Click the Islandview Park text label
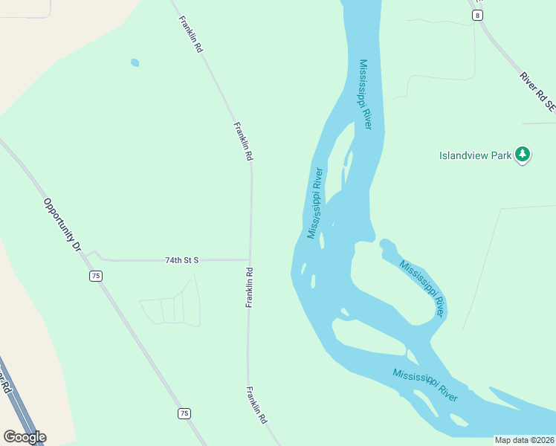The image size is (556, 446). pos(475,155)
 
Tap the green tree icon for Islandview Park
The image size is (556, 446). pos(523,155)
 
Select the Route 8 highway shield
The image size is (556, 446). pos(476,15)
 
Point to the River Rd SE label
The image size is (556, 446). pos(537,91)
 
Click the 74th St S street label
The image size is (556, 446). pos(181,260)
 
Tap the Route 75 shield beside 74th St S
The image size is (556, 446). pos(95,276)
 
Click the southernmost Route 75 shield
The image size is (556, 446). pos(184,413)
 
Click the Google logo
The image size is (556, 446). pos(25,436)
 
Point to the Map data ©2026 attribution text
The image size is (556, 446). pos(524,440)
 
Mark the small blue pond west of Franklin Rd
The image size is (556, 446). pos(135,62)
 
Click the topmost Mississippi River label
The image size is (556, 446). pos(365,94)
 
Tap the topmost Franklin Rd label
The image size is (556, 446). pos(191,34)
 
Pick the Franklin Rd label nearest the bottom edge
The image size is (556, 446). pos(257,405)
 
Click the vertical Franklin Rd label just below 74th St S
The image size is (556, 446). pos(250,287)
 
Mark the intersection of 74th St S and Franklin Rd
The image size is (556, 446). pos(249,260)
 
